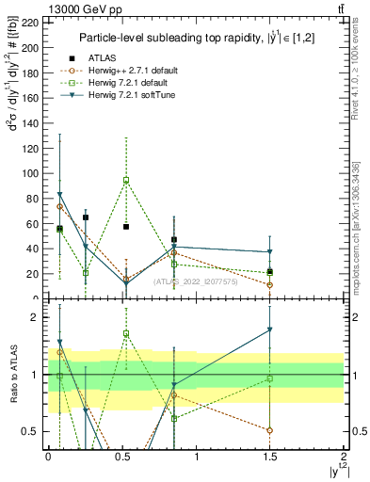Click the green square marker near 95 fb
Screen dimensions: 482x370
pyautogui.click(x=126, y=180)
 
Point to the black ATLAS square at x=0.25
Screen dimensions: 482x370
pyautogui.click(x=86, y=217)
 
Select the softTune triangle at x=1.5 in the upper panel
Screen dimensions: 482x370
pyautogui.click(x=270, y=252)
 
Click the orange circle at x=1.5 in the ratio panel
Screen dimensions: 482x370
pyautogui.click(x=270, y=430)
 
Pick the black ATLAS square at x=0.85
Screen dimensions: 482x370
pyautogui.click(x=174, y=240)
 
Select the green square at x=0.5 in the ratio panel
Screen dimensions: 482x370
pyautogui.click(x=126, y=333)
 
